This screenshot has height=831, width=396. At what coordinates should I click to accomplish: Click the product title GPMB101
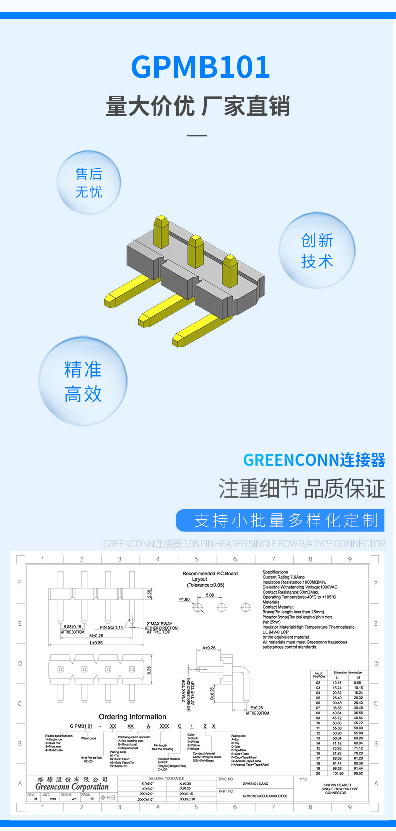click(x=201, y=67)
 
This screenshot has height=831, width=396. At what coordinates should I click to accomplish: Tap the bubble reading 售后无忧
click(x=89, y=183)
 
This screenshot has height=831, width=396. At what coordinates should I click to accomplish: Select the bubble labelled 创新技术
click(x=317, y=250)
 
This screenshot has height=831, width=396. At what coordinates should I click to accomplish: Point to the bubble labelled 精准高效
click(x=83, y=381)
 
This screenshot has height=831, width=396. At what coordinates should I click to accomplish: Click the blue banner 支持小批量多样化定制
click(x=280, y=520)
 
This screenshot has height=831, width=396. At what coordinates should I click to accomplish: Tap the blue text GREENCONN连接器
click(x=314, y=460)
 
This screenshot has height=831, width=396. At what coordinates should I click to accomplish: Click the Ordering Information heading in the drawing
click(x=132, y=717)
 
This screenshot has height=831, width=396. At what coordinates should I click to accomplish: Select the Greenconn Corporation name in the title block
click(x=72, y=787)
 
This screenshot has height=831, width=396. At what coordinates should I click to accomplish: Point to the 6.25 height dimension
click(x=149, y=670)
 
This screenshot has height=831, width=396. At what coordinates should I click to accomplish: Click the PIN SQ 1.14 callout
click(x=111, y=627)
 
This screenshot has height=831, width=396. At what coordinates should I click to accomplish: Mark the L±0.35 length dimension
click(x=96, y=643)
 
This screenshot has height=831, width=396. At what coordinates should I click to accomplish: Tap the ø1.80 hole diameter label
click(x=184, y=599)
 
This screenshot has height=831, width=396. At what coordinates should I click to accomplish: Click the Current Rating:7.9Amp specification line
click(x=283, y=577)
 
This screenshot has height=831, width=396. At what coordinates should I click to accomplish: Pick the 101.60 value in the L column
click(x=338, y=773)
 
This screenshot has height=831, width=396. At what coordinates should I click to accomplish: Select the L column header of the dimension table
click(x=337, y=678)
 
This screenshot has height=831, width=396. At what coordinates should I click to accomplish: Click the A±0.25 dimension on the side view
click(x=209, y=648)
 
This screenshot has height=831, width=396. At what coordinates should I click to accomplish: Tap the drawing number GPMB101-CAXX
click(x=255, y=784)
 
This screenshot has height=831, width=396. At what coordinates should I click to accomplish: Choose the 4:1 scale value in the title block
click(x=74, y=799)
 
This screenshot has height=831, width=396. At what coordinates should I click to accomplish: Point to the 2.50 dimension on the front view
click(x=149, y=594)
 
